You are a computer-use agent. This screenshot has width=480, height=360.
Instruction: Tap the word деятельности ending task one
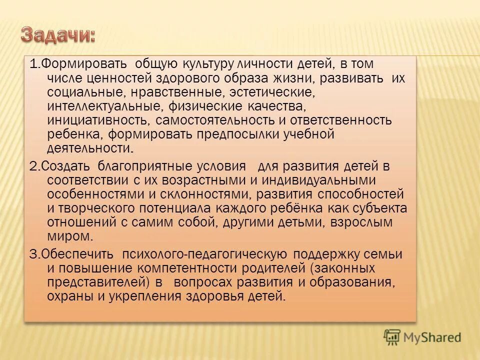coord(89,149)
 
